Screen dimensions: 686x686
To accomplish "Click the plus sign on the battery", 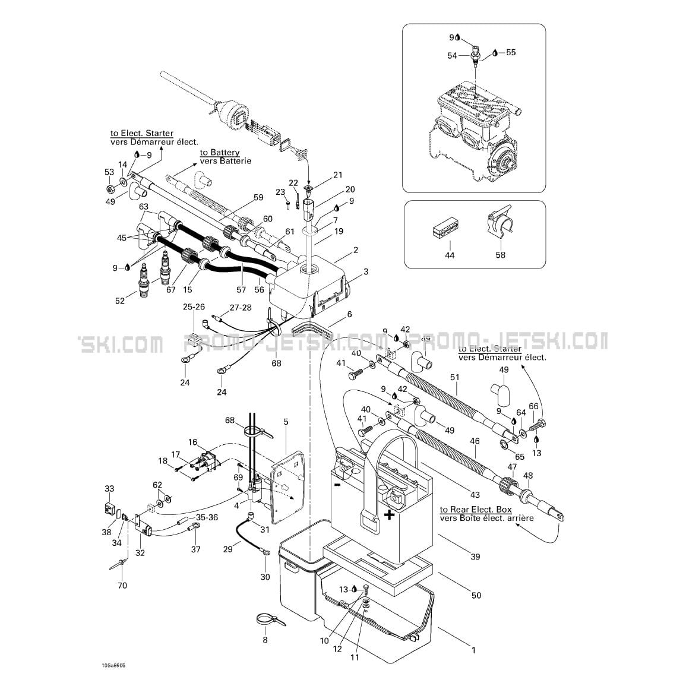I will (x=389, y=514).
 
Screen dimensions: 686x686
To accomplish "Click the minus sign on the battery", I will (x=337, y=485).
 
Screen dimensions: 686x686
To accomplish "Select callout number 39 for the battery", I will (x=475, y=557).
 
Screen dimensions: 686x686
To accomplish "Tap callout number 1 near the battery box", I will (x=473, y=650).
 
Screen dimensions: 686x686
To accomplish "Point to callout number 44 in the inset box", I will (x=450, y=255).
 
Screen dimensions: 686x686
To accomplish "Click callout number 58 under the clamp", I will (x=501, y=255).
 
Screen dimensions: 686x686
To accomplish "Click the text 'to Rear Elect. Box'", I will (x=476, y=510).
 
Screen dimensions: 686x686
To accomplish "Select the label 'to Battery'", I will (x=220, y=153).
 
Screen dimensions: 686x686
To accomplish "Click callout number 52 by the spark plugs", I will (x=120, y=301).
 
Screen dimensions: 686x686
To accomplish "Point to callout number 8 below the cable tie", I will (x=265, y=640).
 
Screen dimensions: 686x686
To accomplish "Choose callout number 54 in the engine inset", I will (x=452, y=55).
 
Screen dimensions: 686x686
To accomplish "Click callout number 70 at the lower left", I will (x=122, y=586).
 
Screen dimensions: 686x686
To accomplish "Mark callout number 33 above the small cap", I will (x=109, y=489).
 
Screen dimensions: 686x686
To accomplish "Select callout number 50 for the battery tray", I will (x=476, y=595).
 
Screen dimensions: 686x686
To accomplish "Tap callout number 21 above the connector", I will (x=338, y=175).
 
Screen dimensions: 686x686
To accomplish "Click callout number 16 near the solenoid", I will (x=192, y=442).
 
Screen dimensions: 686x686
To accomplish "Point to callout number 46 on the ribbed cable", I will (x=475, y=441).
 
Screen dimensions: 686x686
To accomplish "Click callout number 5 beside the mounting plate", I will (x=286, y=422).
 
